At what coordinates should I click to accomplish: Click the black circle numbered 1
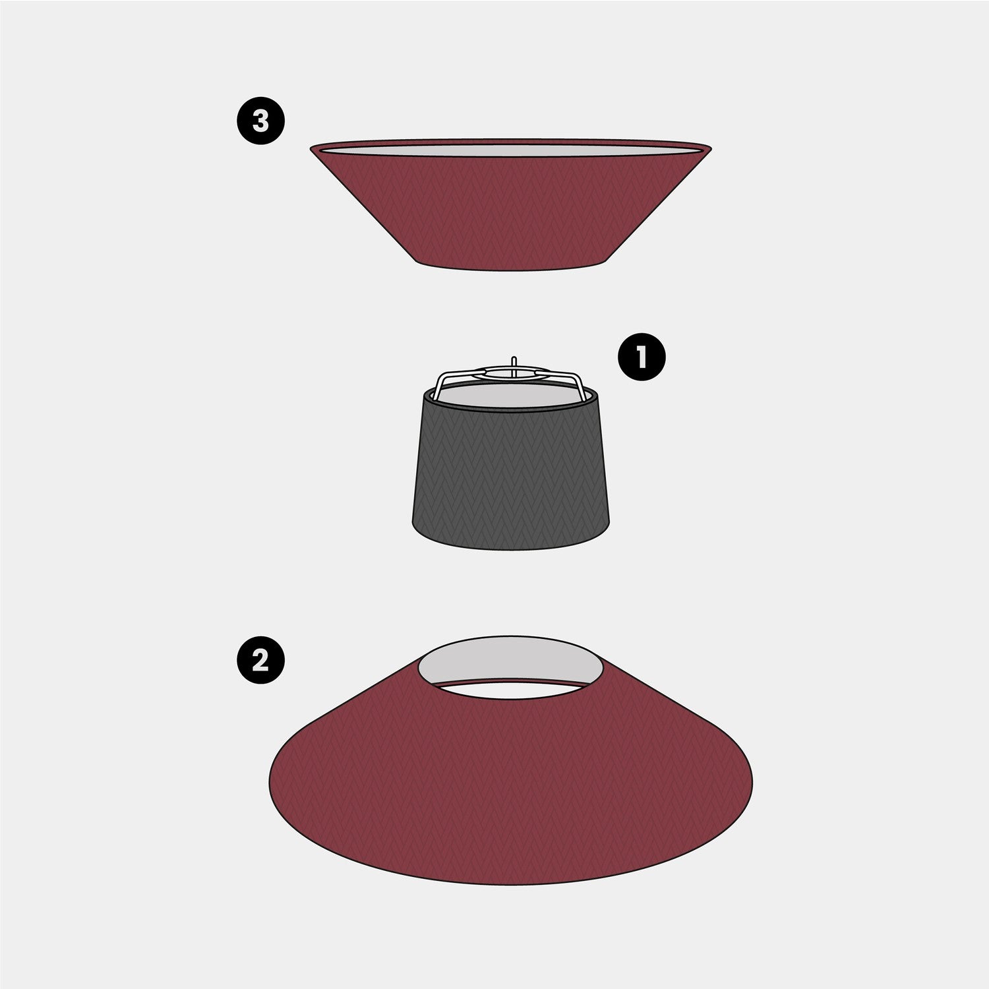click(x=642, y=357)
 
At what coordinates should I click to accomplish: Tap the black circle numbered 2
click(x=261, y=659)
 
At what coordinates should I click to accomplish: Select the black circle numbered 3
click(x=261, y=121)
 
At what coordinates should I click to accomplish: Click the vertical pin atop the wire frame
click(x=513, y=363)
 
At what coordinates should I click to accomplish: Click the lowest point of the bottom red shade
click(x=512, y=884)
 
